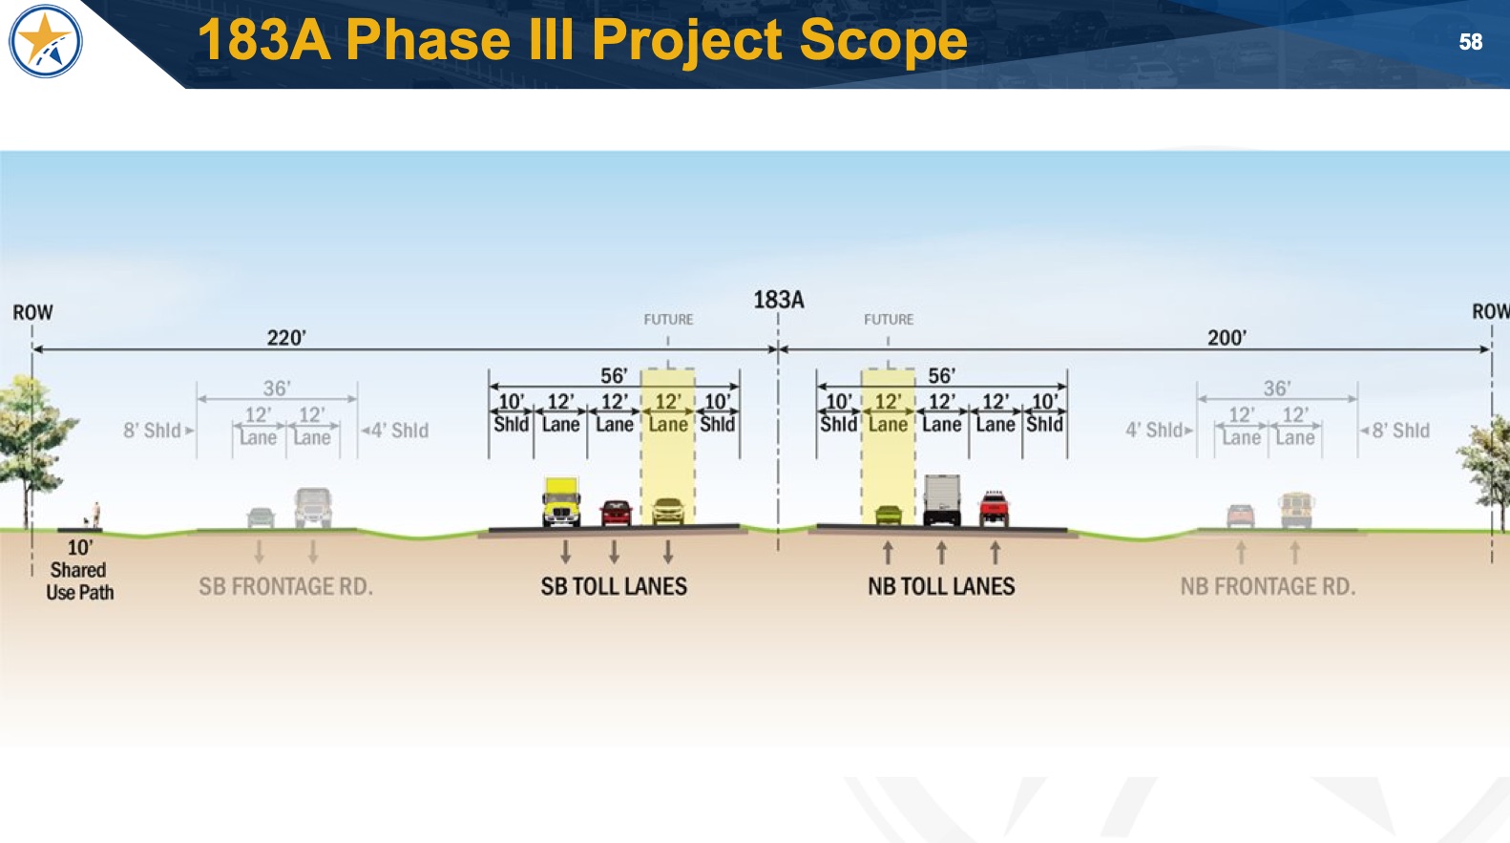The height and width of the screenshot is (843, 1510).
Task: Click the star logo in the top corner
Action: pos(45,41)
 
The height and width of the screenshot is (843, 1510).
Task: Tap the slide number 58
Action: pos(1470,42)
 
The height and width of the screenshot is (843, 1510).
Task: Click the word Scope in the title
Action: pos(883,40)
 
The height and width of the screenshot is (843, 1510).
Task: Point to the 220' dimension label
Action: pos(286,337)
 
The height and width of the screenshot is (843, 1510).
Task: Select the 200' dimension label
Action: pos(1227,337)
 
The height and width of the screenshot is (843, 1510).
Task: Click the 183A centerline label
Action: pos(779,300)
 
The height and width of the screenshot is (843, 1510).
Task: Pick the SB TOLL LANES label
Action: pos(614,586)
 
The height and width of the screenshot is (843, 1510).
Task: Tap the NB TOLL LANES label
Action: pos(941,586)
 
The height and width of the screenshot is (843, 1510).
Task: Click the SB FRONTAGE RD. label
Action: pos(285,586)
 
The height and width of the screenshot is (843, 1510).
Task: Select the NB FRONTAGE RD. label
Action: pos(1268,586)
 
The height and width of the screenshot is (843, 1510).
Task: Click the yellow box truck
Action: pos(561,502)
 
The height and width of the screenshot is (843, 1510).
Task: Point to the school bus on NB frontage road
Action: pos(1296,511)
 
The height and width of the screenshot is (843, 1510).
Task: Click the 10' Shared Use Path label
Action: pos(79,570)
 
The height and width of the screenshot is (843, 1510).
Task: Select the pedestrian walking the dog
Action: pos(94,515)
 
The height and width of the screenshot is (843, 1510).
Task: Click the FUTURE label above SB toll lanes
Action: pos(668,319)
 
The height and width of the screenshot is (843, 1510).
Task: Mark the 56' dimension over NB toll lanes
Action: pos(942,375)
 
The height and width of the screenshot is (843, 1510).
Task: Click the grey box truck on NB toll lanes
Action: pos(942,499)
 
